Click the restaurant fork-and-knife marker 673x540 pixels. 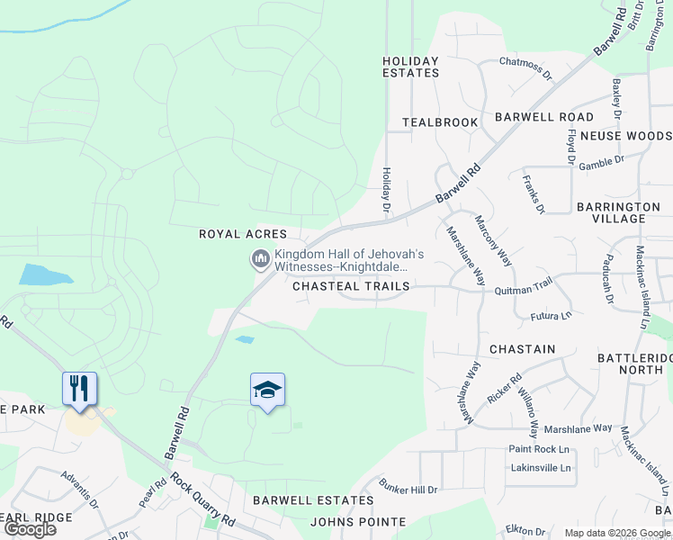pos(80,389)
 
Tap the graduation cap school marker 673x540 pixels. pos(267,390)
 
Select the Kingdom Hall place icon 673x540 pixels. pos(261,260)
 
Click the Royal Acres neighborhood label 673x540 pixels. pos(243,234)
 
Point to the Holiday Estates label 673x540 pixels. pos(411,67)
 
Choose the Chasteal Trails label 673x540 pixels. pos(351,286)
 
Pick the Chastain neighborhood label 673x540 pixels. pos(522,348)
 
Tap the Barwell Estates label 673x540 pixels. pos(313,500)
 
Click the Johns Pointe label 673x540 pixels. pos(358,521)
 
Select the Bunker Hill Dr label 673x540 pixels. pos(408,490)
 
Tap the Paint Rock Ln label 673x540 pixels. pos(540,449)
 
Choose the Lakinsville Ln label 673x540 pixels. pos(540,468)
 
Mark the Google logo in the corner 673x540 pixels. pos(30,528)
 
